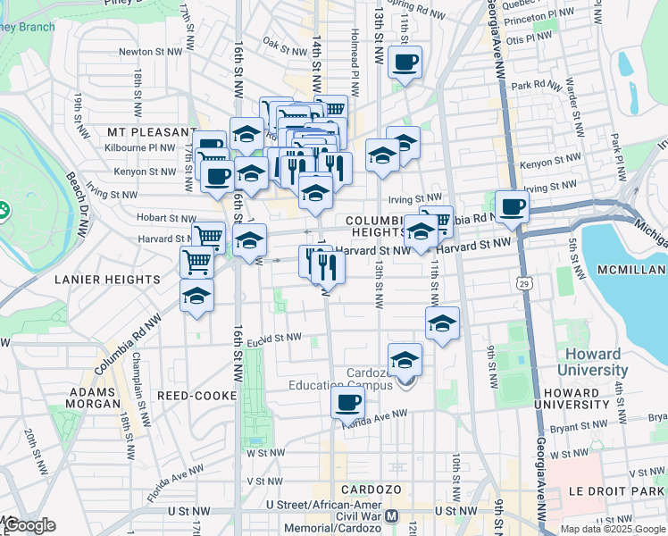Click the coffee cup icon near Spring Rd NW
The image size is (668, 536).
[x=405, y=63]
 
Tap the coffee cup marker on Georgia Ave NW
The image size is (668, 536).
[x=513, y=207]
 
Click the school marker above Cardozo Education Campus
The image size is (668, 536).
[x=405, y=360]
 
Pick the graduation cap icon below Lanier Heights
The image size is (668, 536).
[x=196, y=297]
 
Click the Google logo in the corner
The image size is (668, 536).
[x=29, y=524]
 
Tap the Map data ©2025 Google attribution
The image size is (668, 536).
[x=612, y=529]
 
